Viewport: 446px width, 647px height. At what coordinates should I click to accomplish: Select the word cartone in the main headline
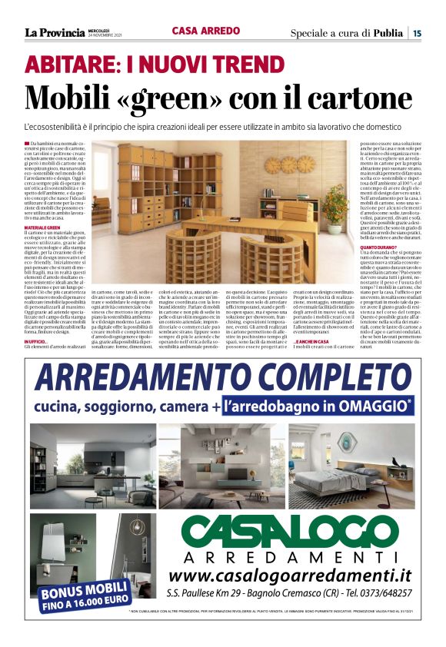(x=348, y=98)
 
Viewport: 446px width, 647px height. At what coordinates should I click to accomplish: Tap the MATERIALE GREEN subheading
(x=43, y=227)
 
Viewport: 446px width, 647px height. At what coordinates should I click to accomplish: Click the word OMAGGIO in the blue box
(x=374, y=405)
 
